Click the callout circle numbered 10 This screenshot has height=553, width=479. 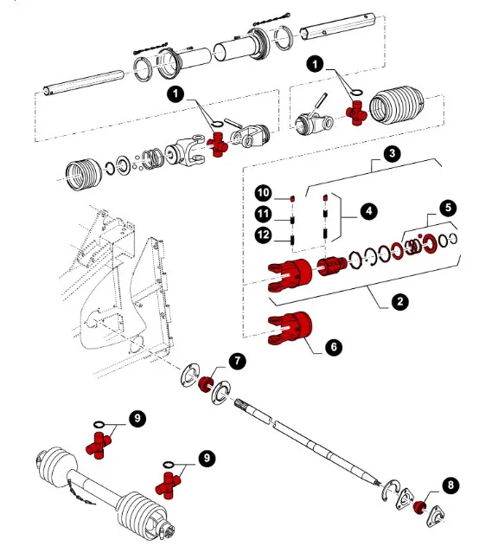tap(264, 193)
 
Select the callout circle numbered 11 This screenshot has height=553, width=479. tap(264, 214)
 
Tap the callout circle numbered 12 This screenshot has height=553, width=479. tap(264, 235)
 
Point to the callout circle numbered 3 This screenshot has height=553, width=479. tap(393, 154)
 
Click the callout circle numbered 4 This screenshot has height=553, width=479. tap(368, 211)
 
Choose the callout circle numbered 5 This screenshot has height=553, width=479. tap(448, 208)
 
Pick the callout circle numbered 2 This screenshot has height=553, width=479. tap(400, 302)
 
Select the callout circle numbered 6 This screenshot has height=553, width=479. tap(334, 347)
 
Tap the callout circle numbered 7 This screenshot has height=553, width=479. tap(238, 361)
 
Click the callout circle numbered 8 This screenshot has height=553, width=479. tap(450, 485)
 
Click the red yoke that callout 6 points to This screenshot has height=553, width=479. tap(290, 328)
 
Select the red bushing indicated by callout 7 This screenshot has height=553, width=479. tap(205, 383)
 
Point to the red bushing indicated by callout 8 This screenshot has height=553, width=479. tap(419, 507)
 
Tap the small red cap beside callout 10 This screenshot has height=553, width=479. tap(292, 199)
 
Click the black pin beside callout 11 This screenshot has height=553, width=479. tap(292, 221)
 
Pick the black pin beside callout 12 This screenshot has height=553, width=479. tap(292, 241)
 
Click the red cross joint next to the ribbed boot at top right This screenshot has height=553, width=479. tap(356, 113)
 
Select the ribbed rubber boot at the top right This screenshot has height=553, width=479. tap(397, 105)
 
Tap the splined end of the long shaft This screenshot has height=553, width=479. tap(242, 403)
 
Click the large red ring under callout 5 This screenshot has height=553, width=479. tap(430, 244)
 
